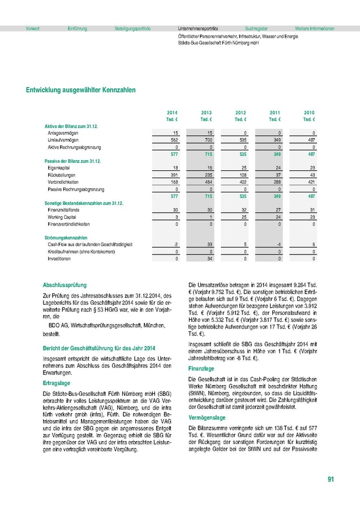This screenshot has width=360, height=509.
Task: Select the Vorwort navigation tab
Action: pos(25,28)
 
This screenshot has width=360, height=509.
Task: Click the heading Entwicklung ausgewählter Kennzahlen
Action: pos(80,90)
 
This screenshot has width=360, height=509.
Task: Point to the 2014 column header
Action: pos(172,113)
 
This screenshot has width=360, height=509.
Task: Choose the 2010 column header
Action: pos(309,113)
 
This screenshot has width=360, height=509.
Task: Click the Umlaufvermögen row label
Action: pos(63,140)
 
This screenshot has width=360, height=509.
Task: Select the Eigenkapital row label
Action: pos(59,169)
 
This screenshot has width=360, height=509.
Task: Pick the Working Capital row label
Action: pos(62,217)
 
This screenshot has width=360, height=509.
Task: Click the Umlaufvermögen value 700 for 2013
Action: pos(208,140)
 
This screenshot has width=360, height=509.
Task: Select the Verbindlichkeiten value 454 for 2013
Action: pos(208,182)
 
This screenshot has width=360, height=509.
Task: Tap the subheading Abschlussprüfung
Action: pos(65,285)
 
